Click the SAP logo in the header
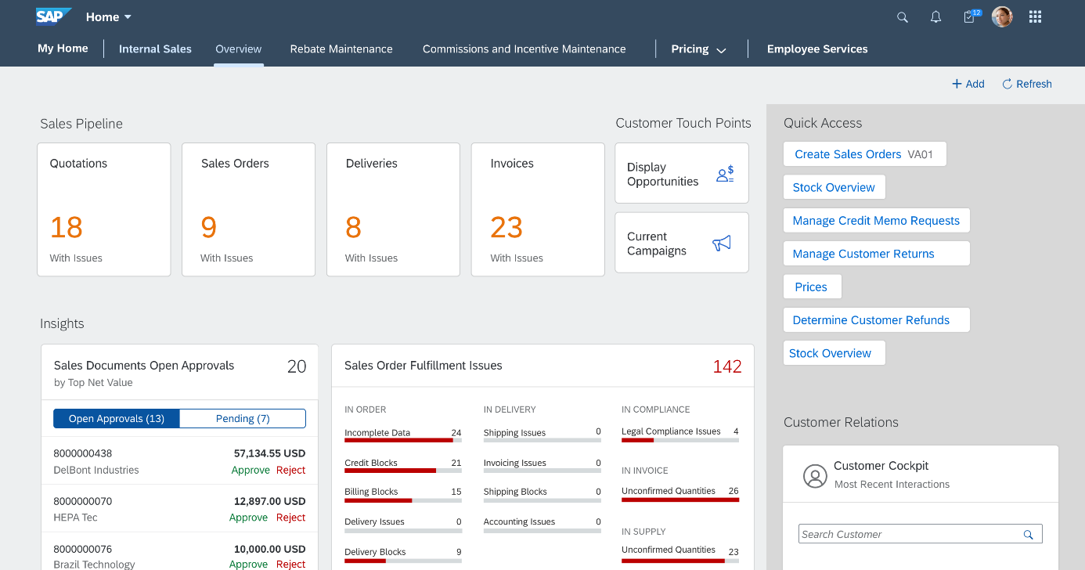point(53,16)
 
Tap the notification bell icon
point(935,17)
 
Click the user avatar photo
point(1002,16)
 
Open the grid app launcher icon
point(1035,17)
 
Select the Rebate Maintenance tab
point(341,49)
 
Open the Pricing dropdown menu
point(698,49)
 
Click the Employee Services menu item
point(816,49)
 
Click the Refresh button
point(1026,84)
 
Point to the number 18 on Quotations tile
point(67,228)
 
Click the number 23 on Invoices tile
point(506,228)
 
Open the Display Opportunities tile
point(681,174)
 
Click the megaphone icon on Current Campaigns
point(722,244)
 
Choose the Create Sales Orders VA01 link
point(863,154)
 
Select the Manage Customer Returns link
point(863,254)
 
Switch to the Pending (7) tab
point(243,419)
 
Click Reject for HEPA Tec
point(290,518)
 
